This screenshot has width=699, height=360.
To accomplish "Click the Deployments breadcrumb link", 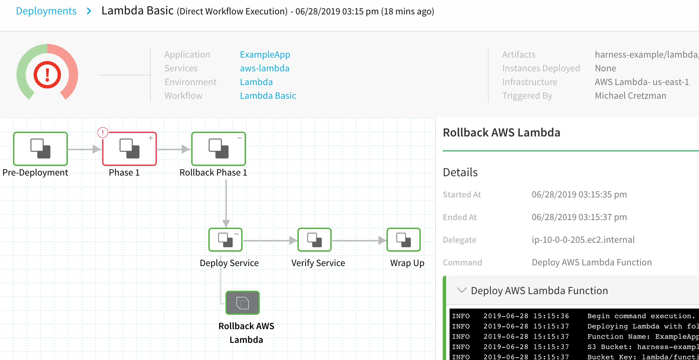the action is point(46,11).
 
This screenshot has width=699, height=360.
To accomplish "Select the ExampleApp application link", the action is point(265,55).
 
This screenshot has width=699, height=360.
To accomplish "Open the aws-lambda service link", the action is point(265,68).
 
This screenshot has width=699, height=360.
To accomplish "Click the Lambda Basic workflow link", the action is point(268,96).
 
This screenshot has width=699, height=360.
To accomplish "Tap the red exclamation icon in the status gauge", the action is point(47,75).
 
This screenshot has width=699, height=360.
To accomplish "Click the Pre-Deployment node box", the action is point(40,149).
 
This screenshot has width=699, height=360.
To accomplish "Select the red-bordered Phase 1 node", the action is point(130,149).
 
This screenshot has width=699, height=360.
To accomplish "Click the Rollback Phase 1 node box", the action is point(219,149).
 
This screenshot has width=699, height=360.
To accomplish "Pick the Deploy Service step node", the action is point(225,240).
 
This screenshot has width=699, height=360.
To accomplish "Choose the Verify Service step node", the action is point(315,240).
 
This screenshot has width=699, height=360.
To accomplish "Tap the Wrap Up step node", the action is point(404,240).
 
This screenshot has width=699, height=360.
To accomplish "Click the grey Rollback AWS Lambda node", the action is point(243,303).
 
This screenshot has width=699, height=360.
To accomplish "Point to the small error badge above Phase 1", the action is point(103,132).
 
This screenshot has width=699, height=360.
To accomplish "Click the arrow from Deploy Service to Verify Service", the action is point(270,241).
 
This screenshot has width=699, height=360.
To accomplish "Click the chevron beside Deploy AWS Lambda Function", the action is point(462,290).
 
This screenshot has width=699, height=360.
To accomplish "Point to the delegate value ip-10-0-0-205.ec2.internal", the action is point(583,240).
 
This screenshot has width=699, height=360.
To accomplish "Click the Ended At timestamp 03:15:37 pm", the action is point(603,217).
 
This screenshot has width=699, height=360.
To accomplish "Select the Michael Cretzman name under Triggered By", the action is point(630,96).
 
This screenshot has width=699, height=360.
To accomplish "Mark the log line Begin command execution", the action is point(641,316).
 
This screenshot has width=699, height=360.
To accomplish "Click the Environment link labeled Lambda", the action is point(256,82).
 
